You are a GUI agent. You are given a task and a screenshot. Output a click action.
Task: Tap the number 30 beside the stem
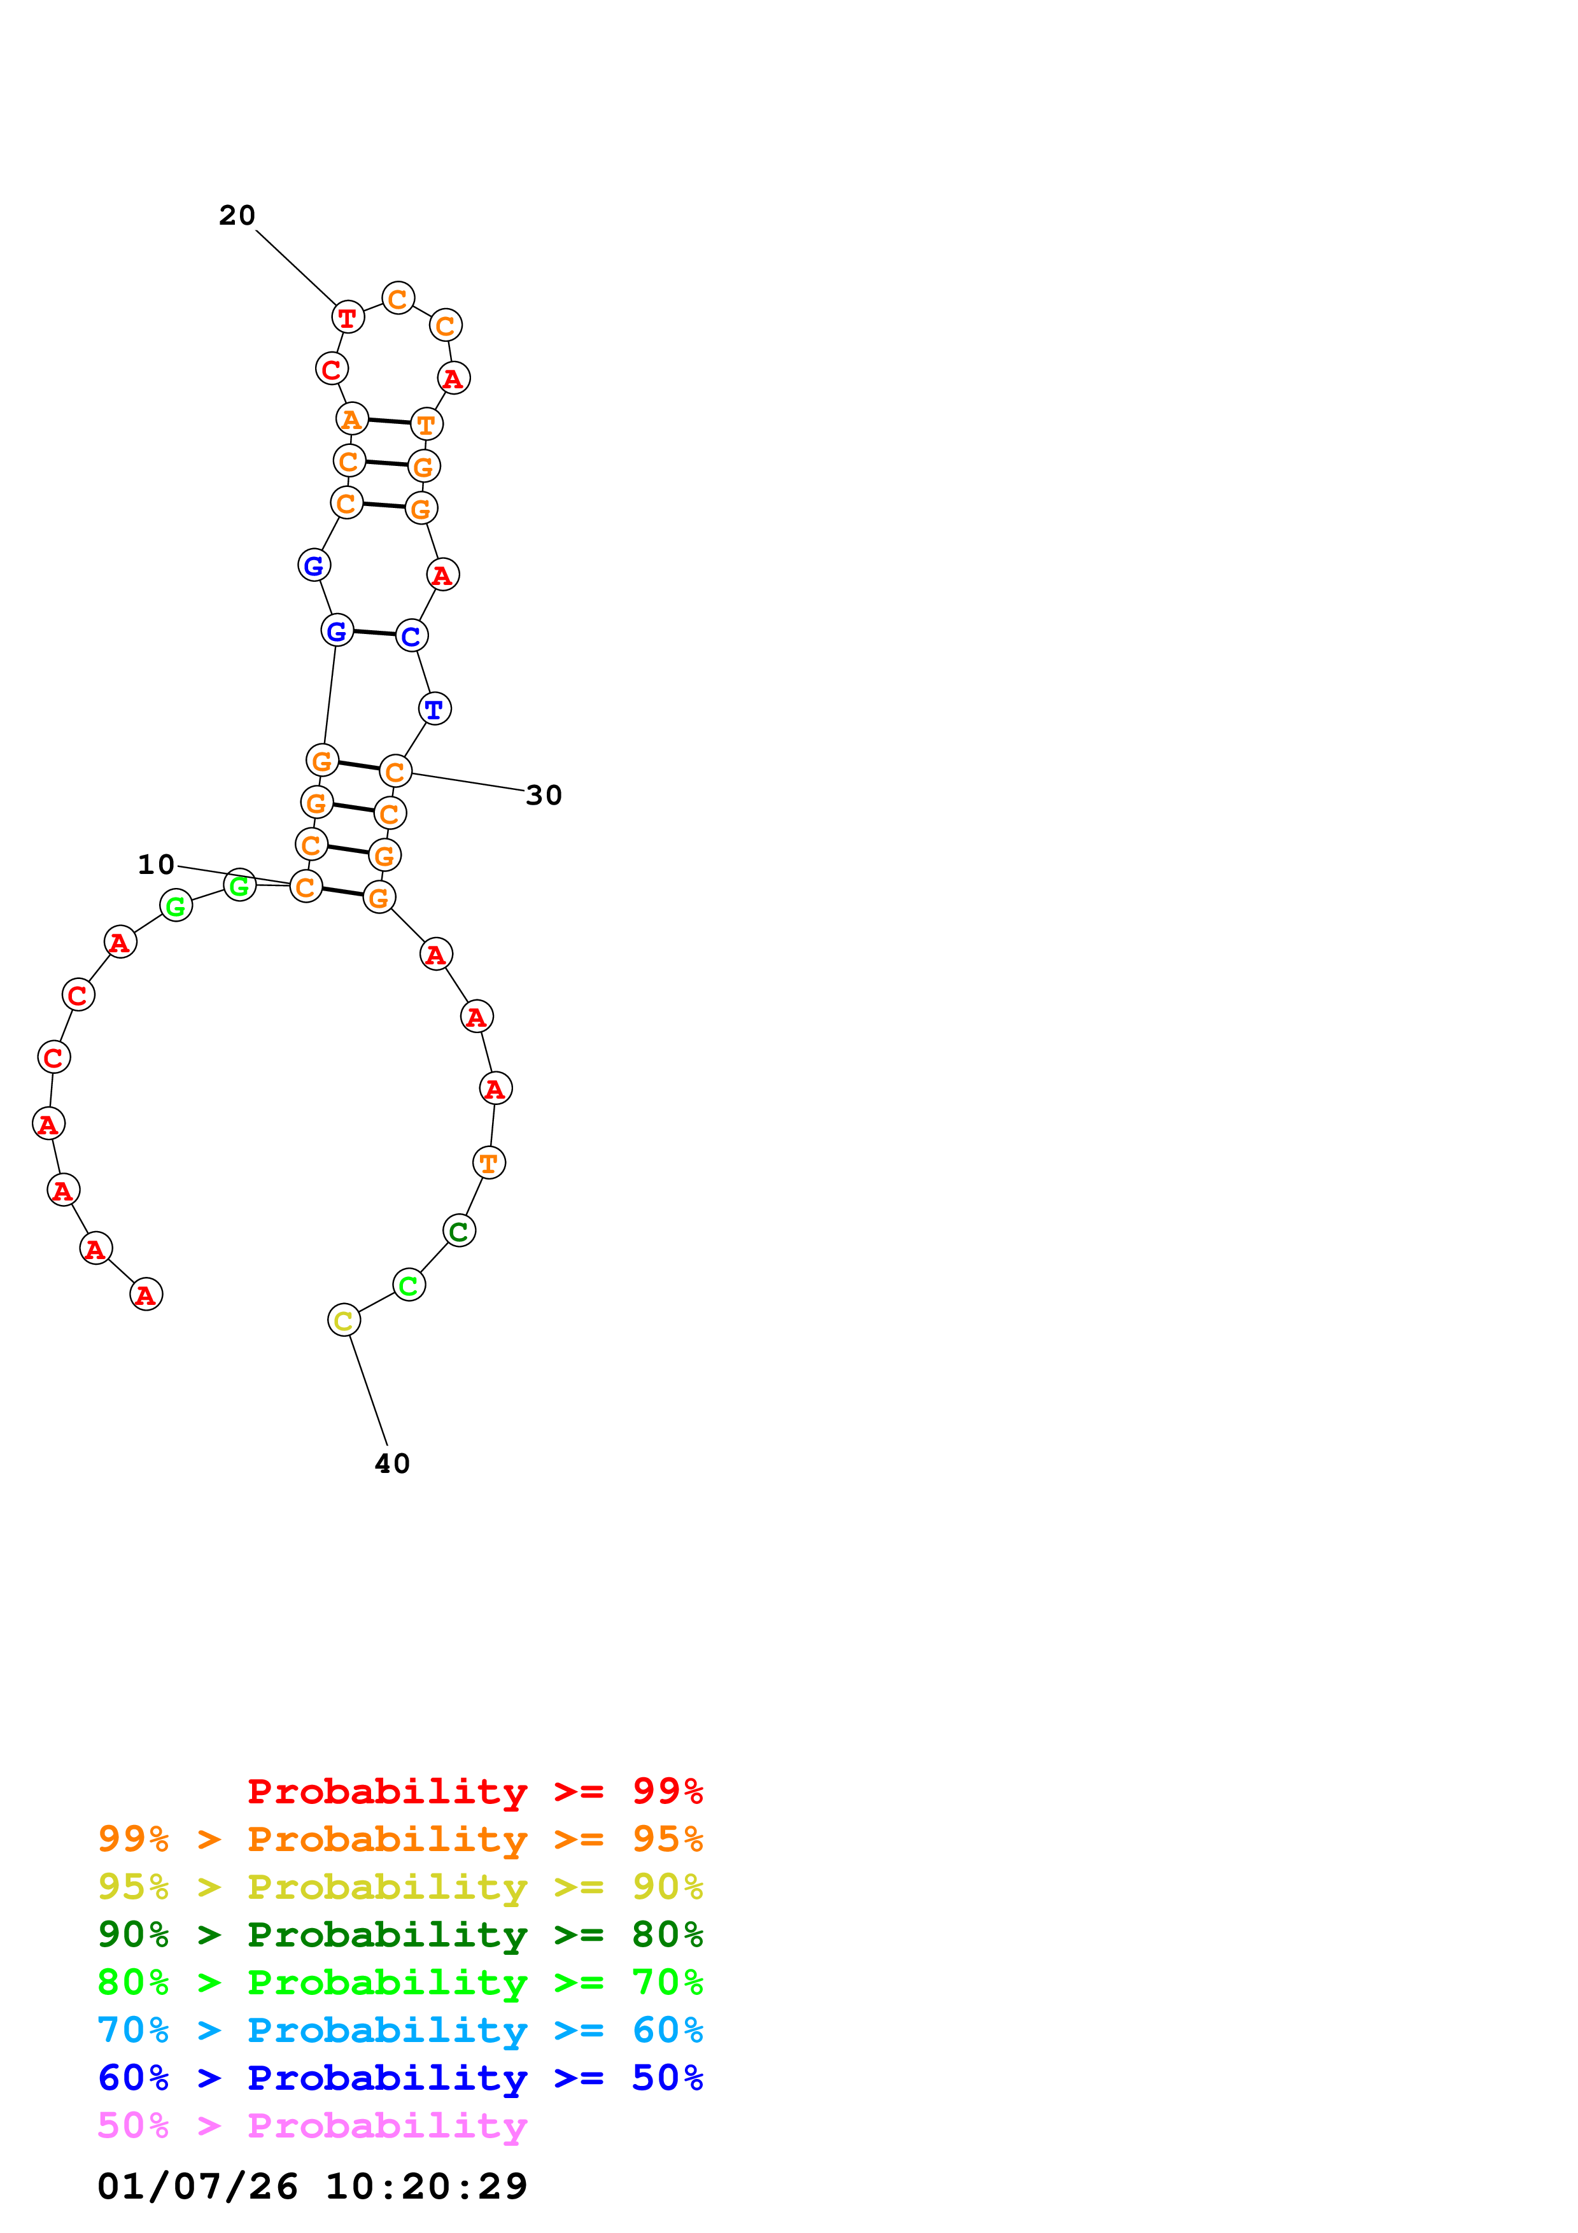(544, 796)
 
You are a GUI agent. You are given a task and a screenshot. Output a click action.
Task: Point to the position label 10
(155, 864)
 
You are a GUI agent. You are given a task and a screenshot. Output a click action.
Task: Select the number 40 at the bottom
(392, 1463)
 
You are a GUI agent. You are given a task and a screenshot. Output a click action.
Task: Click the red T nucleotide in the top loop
(347, 317)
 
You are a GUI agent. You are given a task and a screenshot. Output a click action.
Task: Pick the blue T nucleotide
(435, 709)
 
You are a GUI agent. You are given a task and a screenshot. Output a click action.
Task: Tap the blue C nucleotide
(411, 636)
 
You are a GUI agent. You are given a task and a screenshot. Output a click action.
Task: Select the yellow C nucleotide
(343, 1321)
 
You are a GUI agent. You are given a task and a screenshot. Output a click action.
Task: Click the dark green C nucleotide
(459, 1231)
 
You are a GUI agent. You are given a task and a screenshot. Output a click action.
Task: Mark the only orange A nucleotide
(351, 419)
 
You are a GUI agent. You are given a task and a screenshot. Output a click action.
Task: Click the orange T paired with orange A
(426, 424)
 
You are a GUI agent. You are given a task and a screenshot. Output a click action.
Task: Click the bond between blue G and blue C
(374, 633)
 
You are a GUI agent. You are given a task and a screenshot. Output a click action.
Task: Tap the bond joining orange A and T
(389, 421)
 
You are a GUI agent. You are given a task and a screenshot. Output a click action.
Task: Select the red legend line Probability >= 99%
(474, 1791)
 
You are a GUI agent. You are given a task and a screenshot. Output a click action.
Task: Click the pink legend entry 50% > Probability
(312, 2125)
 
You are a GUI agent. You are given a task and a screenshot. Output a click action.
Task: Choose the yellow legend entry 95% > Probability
(400, 1887)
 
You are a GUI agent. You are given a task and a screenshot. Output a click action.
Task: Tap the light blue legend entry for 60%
(400, 2030)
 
